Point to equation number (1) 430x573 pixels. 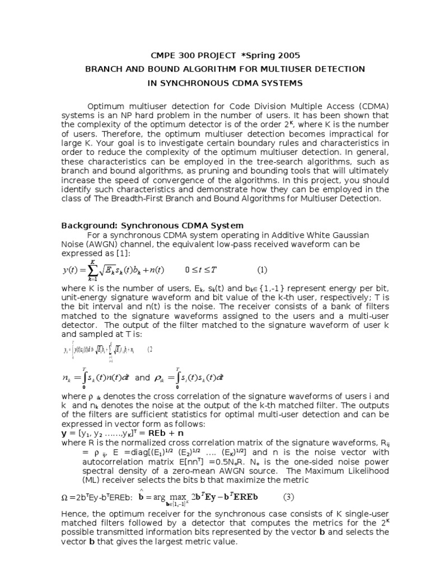(x=262, y=270)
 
